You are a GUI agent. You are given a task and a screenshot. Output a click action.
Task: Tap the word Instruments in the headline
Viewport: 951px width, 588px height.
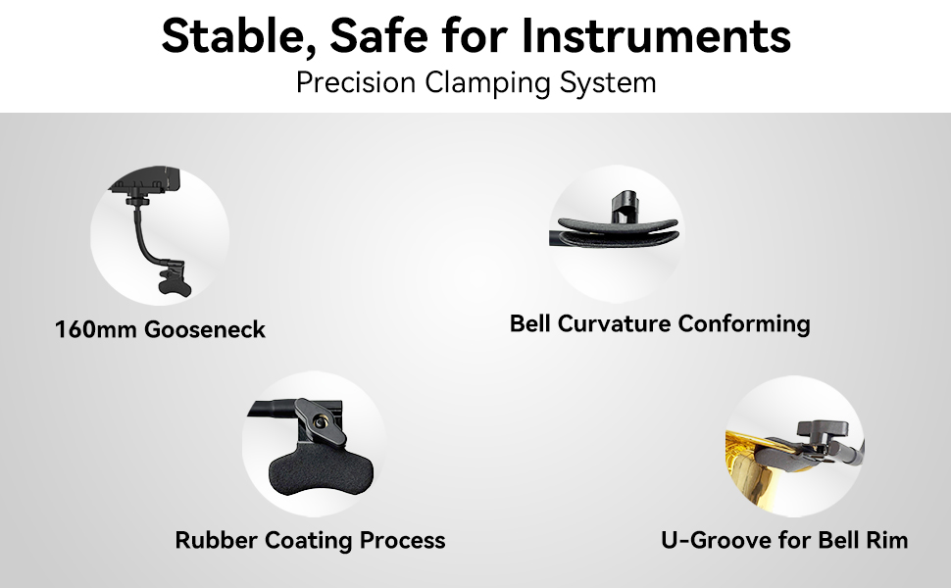pos(656,35)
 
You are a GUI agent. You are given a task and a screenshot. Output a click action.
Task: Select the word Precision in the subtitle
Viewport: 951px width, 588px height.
pos(356,82)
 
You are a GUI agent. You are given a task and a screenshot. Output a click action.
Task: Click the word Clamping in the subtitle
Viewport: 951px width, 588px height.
pos(487,83)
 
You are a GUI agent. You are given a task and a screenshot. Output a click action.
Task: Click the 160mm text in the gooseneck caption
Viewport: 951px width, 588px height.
pos(96,329)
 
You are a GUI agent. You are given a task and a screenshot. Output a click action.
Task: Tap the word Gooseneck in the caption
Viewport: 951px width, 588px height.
pos(205,329)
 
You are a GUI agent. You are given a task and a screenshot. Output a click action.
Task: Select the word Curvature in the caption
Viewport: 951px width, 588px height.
pos(614,323)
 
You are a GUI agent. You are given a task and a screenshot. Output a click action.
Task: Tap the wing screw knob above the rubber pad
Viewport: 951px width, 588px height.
pos(320,421)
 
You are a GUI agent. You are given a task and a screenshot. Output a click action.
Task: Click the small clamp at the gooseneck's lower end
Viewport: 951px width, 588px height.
pos(175,280)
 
